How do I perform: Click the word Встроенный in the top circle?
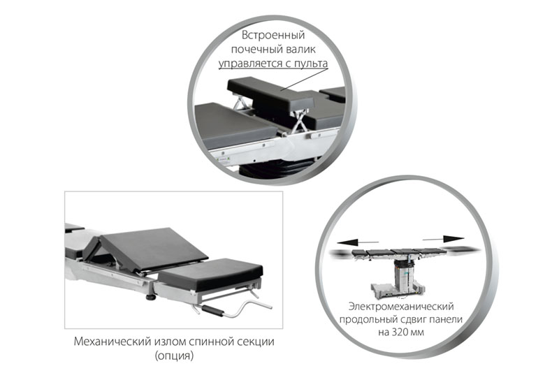tap(273, 35)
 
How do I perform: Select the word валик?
tap(300, 49)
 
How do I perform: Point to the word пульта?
tap(311, 64)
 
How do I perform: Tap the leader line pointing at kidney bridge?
tap(304, 80)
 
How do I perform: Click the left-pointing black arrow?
tap(357, 242)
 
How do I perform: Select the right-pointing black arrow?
tap(444, 239)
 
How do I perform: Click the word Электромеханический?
tap(401, 307)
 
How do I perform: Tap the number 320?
tap(400, 332)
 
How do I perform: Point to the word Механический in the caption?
tap(112, 342)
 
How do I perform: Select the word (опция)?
tap(174, 356)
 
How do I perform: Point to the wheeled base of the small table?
tap(396, 290)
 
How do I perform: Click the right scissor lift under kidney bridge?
tap(299, 121)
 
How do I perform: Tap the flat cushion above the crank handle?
tap(211, 273)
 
